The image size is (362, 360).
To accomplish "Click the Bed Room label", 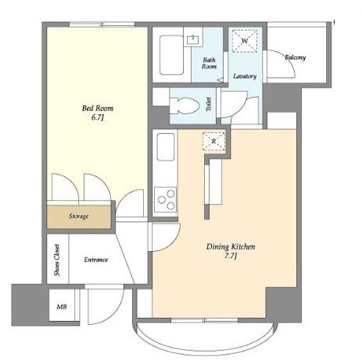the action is pos(98,108).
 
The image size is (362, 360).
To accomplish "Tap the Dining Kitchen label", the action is pos(231,247).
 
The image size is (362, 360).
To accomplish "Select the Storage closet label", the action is pos(78,216).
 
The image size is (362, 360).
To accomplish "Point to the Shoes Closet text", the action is pos(57,260).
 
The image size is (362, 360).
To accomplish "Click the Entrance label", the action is pos(96,260).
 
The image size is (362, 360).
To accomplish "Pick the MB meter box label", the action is pos(62,307).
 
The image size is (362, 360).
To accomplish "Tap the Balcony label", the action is pos(296,57).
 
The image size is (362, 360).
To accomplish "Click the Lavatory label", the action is pos(245,76).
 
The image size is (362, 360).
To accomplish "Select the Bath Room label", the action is pos(210,63).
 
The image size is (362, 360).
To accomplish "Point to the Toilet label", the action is pos(209,104).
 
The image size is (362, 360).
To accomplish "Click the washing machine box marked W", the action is pos(245,41).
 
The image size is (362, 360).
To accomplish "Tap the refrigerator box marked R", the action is pos(213,141).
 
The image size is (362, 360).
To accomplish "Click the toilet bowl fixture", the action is pos(185,106).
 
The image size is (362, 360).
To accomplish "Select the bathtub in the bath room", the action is pos(171,55).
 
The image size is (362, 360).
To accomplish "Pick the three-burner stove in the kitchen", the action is pos(165,200).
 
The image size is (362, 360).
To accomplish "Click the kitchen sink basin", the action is pos(166,147).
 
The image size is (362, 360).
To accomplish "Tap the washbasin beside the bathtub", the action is pos(193,40).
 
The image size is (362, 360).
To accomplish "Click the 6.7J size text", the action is pos(98,117).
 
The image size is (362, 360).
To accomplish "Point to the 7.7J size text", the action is pos(231,256).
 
